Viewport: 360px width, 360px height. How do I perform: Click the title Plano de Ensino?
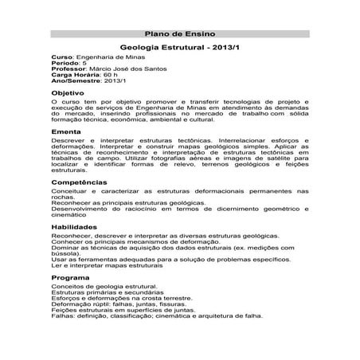tap(179, 35)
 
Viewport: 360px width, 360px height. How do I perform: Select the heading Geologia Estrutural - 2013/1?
tap(179, 49)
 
